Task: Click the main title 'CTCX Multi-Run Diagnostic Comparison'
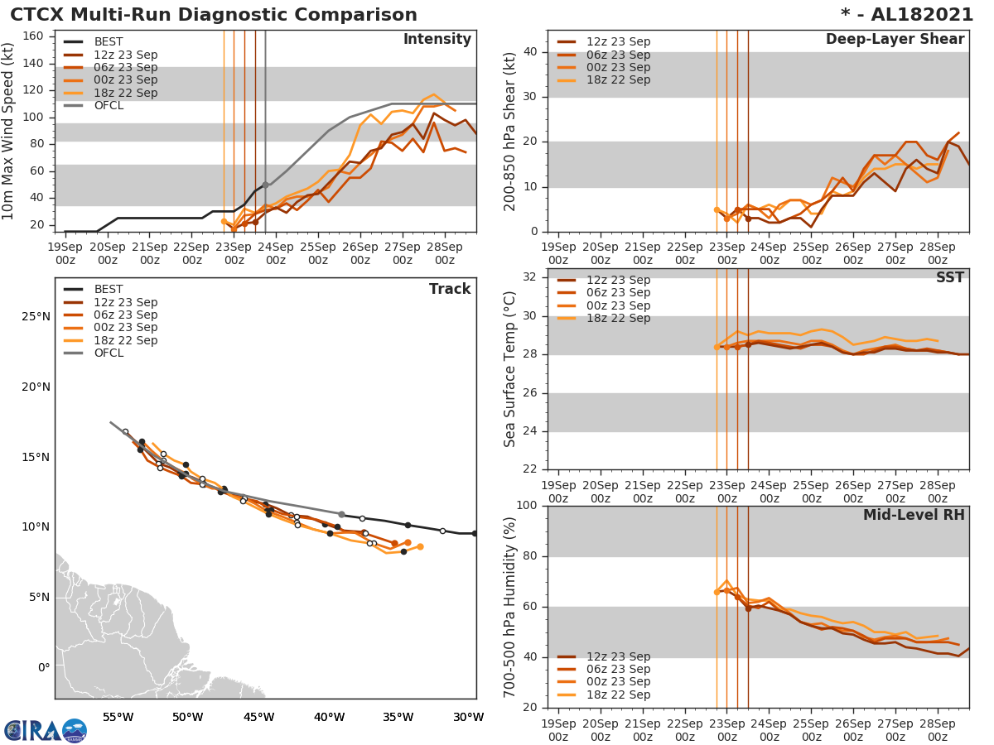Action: point(214,15)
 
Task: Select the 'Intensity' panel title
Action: point(437,40)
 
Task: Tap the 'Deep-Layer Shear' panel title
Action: point(895,40)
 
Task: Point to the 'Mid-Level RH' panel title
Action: point(914,516)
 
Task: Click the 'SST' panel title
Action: point(950,278)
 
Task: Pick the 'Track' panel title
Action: point(450,289)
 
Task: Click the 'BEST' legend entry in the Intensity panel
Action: point(109,42)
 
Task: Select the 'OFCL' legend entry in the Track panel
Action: point(109,353)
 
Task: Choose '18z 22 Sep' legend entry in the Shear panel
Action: point(618,80)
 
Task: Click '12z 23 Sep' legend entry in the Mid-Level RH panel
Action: point(618,656)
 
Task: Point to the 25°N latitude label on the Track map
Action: point(36,316)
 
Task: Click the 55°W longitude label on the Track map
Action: point(118,717)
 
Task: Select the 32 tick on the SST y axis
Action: point(530,277)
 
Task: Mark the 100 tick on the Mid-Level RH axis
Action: point(527,506)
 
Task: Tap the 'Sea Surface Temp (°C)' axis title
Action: point(510,369)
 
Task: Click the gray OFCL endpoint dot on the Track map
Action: point(341,514)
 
